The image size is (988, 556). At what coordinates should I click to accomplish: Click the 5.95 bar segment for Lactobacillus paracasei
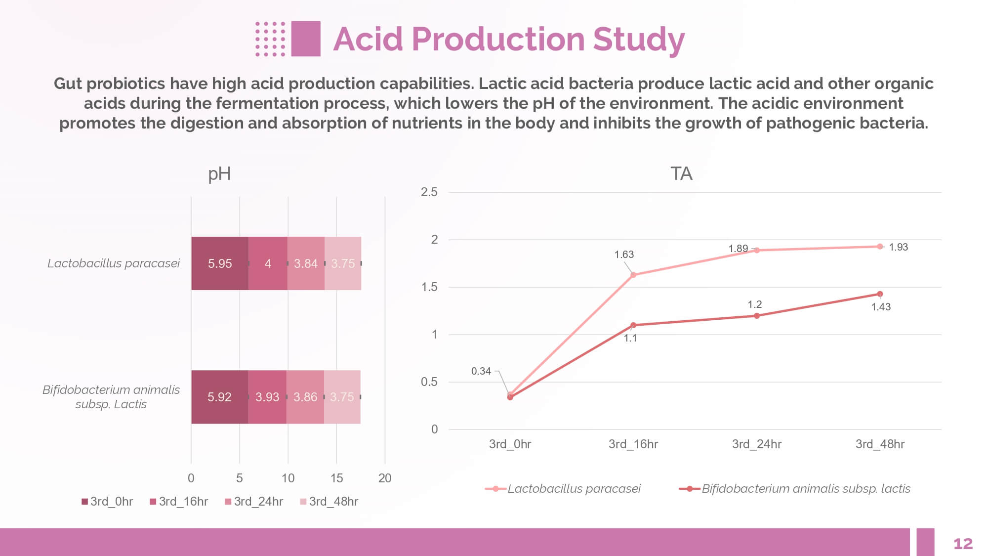pos(220,263)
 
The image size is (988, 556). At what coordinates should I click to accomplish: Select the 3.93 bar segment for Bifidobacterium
pos(267,397)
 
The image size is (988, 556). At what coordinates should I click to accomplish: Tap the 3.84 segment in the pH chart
pos(306,263)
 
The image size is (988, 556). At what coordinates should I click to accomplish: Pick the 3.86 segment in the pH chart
pos(305,397)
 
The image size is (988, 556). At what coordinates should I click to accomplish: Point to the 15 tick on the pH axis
pos(336,478)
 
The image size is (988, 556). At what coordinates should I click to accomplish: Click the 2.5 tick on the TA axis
pos(429,192)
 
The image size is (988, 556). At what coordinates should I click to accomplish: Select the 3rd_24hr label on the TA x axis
pos(756,444)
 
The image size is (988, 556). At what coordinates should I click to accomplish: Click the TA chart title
pos(681,174)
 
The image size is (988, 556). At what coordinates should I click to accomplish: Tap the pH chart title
pos(219,174)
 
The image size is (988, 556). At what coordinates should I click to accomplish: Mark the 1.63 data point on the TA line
pos(633,275)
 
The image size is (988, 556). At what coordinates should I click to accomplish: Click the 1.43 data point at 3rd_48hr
pos(880,294)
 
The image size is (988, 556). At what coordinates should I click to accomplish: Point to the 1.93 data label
pos(898,247)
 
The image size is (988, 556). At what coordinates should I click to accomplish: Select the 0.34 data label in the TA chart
pos(481,371)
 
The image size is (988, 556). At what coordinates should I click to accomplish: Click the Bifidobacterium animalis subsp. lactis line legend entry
pos(795,489)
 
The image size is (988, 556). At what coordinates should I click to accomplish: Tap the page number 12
pos(963,544)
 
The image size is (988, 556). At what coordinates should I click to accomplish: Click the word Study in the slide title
pos(638,40)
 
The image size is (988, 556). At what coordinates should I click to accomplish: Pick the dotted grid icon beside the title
pos(270,39)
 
